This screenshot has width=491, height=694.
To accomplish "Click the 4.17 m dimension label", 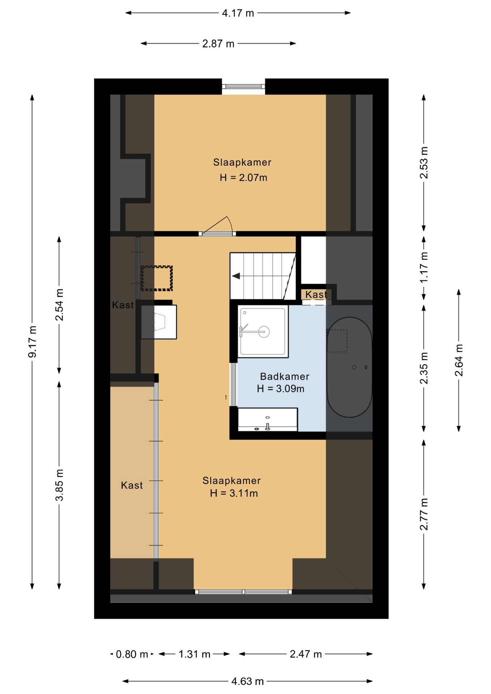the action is (x=238, y=13).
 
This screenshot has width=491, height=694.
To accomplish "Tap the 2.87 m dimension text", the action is (x=218, y=44).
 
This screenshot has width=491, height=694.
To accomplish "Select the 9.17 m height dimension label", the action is (x=33, y=342).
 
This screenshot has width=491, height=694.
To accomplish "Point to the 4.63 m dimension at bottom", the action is (x=247, y=681).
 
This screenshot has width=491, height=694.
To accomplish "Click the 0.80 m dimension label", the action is (x=132, y=654).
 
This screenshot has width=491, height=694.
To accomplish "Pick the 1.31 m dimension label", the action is (x=195, y=654).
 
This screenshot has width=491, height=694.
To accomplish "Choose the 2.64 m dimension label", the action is (x=459, y=360).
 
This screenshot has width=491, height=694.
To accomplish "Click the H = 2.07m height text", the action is (x=243, y=178).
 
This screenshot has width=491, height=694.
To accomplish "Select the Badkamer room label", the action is (x=285, y=377).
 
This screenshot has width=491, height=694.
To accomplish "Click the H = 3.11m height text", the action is (x=234, y=493).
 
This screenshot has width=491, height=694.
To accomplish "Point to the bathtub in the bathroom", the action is (x=349, y=367).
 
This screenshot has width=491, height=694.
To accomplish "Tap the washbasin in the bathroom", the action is (x=268, y=420).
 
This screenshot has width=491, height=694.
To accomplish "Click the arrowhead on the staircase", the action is (x=236, y=276).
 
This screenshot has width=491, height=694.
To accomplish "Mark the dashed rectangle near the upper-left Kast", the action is (x=157, y=278).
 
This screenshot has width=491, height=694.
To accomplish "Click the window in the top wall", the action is (x=243, y=86).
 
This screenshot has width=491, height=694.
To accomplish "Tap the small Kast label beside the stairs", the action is (x=316, y=295).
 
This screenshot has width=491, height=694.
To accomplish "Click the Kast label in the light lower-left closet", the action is (x=132, y=485).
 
